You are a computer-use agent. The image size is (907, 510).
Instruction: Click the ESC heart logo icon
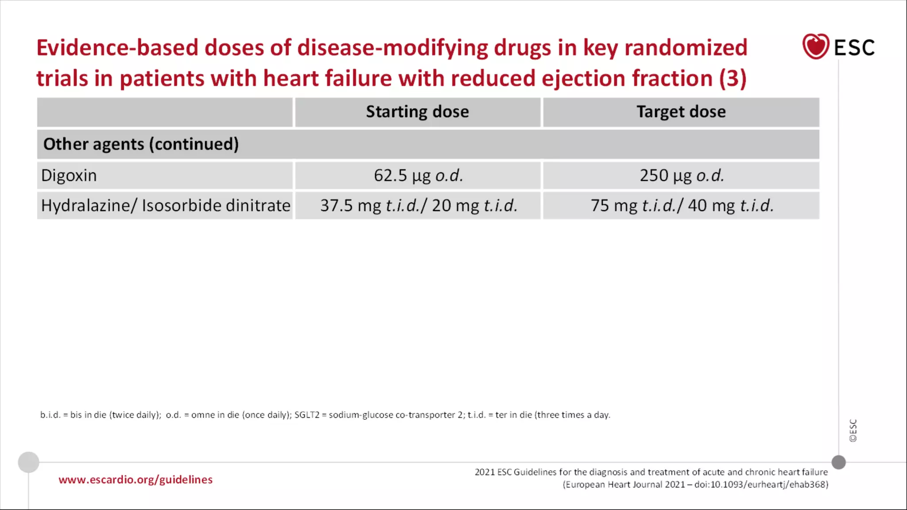click(815, 46)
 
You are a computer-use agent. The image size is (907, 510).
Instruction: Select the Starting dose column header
click(417, 112)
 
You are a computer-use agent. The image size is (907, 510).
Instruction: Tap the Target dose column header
click(681, 112)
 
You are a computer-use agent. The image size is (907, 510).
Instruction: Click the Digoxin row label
click(69, 176)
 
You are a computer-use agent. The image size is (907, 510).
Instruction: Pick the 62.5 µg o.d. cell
click(418, 176)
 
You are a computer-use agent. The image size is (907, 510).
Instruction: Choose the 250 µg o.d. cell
click(681, 176)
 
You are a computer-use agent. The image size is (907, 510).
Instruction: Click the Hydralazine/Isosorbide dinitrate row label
click(166, 206)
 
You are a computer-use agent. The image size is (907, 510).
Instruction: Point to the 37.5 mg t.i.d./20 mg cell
click(418, 206)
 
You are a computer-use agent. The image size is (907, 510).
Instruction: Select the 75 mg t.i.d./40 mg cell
click(682, 206)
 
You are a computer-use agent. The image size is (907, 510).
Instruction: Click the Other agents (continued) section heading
click(141, 144)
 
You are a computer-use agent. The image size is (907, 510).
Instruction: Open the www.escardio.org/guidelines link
click(136, 480)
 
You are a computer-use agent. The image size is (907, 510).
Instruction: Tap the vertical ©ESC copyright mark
click(853, 430)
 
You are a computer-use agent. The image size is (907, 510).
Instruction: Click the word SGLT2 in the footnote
click(306, 415)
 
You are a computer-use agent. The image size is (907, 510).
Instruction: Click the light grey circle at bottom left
click(29, 462)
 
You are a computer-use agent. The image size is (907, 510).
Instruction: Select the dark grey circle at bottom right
click(838, 462)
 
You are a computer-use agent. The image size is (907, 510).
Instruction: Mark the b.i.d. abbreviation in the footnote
click(50, 415)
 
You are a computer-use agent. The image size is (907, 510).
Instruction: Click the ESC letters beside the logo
click(854, 48)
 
